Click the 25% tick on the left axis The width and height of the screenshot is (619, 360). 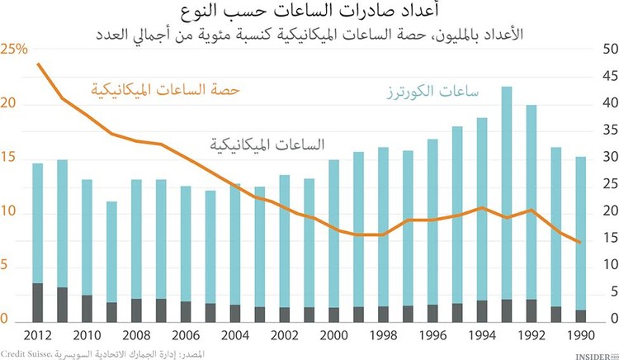pyautogui.click(x=14, y=50)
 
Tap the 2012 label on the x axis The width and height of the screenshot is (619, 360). pyautogui.click(x=38, y=336)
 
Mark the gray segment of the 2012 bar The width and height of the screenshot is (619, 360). pyautogui.click(x=38, y=302)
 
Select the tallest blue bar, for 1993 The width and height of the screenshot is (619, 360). pyautogui.click(x=507, y=190)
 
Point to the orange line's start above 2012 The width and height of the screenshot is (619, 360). pyautogui.click(x=38, y=64)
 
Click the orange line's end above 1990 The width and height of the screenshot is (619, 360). pyautogui.click(x=579, y=242)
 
